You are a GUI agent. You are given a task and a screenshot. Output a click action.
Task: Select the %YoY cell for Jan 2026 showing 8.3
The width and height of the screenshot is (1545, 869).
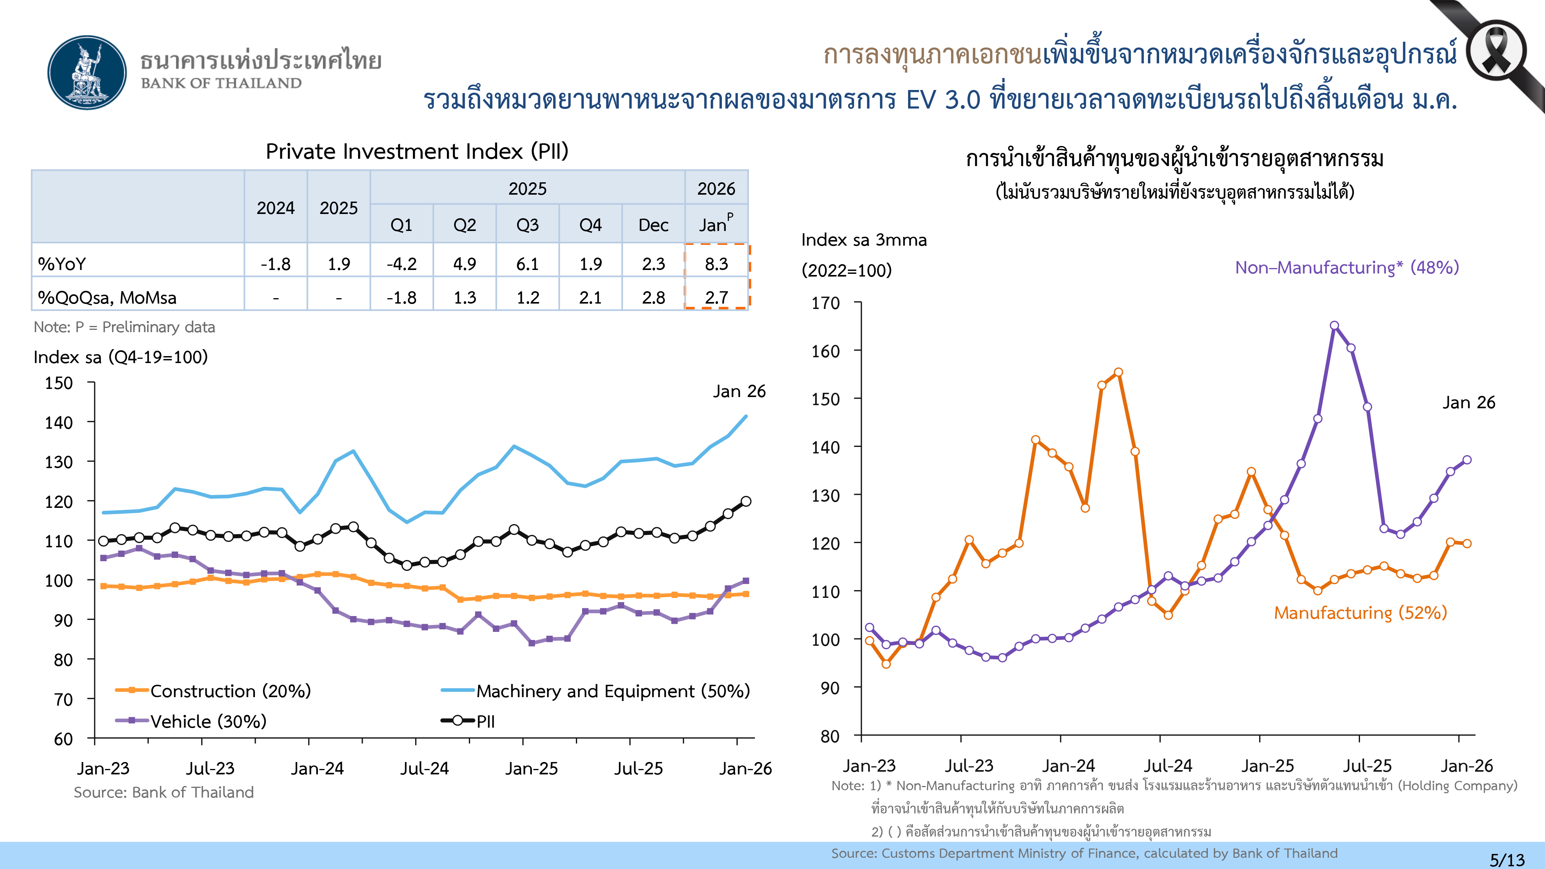[x=716, y=264]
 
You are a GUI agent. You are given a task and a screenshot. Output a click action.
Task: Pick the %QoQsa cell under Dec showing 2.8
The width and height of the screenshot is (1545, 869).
[x=653, y=297]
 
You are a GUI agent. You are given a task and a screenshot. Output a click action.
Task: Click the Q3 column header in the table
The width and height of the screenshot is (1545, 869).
[x=527, y=225]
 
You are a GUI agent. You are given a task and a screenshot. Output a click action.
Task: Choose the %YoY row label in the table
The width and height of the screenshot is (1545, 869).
[x=62, y=264]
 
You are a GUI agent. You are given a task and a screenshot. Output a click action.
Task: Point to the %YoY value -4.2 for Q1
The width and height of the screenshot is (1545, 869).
[x=401, y=264]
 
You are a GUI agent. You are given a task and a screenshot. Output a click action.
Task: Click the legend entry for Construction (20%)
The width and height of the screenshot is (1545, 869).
[x=230, y=691]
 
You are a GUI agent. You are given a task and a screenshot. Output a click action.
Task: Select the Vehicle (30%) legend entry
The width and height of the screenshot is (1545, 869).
[x=207, y=721]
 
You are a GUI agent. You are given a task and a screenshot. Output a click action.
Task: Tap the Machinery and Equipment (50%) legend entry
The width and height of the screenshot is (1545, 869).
[x=612, y=691]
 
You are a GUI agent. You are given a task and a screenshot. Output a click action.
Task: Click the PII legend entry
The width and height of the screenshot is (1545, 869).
[x=485, y=721]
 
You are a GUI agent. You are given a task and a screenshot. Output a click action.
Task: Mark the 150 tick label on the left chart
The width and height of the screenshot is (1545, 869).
[x=59, y=383]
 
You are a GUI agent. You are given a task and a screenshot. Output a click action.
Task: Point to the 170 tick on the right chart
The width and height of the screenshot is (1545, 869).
[x=825, y=303]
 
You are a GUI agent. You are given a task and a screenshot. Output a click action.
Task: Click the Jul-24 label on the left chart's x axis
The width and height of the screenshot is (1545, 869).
[x=424, y=768]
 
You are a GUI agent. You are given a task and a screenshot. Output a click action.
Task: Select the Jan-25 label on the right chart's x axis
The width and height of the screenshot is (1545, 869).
[x=1267, y=766]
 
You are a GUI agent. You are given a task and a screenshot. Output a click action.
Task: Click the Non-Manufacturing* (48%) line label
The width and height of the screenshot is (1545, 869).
[x=1346, y=268]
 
